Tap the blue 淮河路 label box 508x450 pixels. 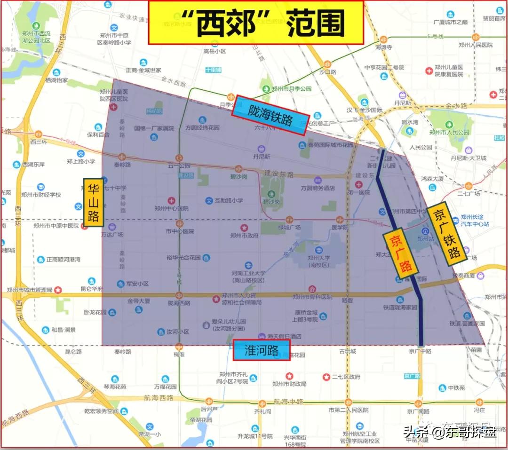[262, 350]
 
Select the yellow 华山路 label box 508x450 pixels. [93, 202]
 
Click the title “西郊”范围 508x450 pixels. [256, 22]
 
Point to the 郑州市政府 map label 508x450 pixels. [244, 236]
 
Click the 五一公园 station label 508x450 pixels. [178, 166]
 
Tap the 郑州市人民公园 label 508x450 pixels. [449, 132]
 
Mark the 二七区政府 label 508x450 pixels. [346, 377]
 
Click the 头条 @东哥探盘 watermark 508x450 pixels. [450, 431]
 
